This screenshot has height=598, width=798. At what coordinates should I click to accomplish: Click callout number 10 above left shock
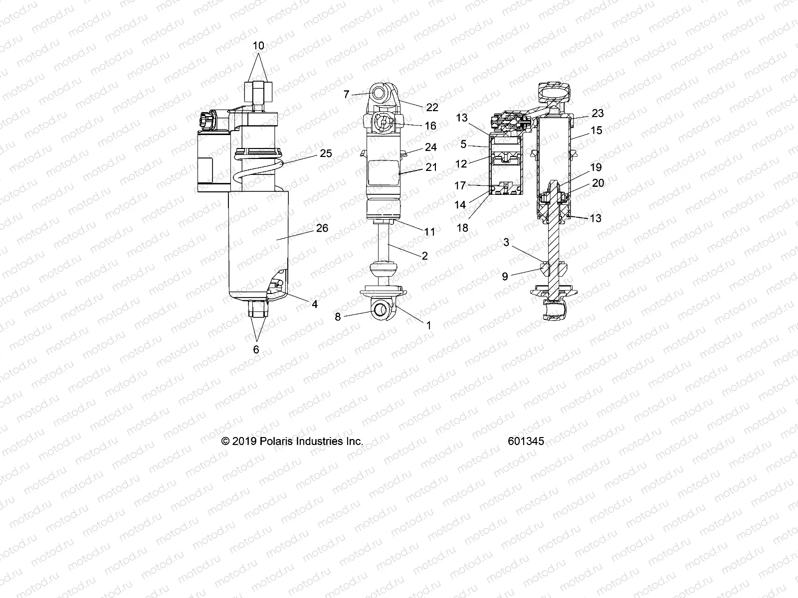[258, 46]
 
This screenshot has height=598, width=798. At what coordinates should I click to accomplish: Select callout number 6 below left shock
[256, 350]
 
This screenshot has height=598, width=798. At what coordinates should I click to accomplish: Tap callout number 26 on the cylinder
[322, 228]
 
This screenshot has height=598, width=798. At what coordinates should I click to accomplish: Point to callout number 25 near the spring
[326, 153]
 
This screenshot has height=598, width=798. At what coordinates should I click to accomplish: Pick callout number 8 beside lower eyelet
[338, 316]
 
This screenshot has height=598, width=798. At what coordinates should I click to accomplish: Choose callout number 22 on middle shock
[432, 107]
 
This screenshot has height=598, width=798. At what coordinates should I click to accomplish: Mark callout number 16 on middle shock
[430, 126]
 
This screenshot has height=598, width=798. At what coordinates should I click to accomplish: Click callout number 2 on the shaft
[425, 256]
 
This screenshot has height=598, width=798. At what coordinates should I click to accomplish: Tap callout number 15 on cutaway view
[597, 130]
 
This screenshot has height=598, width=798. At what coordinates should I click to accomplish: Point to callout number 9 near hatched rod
[505, 276]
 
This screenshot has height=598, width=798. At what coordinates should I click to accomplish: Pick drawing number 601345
[526, 442]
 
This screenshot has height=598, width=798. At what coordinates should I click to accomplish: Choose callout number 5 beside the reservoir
[463, 145]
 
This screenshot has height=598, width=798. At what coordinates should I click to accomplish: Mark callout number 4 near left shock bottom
[315, 304]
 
